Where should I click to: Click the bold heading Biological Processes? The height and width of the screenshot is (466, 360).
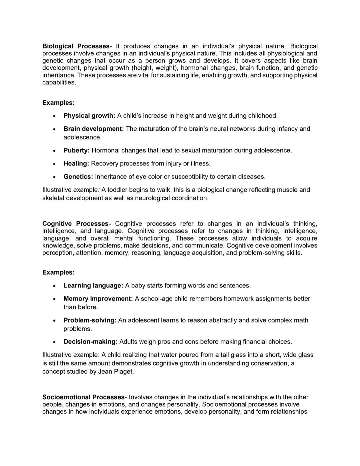click(76, 46)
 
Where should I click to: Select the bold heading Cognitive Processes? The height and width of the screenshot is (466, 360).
click(75, 223)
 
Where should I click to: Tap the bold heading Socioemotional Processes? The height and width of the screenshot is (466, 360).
click(83, 397)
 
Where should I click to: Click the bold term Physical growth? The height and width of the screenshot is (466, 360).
click(89, 116)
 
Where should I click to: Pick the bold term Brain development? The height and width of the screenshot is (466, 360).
click(93, 129)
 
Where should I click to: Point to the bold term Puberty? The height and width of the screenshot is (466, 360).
click(76, 150)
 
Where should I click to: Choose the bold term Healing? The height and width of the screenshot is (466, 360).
click(76, 163)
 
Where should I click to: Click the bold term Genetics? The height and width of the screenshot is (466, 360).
click(78, 176)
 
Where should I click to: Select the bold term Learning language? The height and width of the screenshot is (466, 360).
click(93, 286)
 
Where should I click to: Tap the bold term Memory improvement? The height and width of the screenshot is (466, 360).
click(98, 299)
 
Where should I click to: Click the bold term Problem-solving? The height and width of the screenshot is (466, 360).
click(90, 320)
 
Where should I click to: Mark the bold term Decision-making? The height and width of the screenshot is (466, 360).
click(90, 342)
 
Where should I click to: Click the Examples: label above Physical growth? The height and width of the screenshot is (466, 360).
click(58, 103)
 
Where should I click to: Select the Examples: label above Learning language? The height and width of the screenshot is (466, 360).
click(58, 272)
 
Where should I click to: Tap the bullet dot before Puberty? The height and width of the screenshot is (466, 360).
click(54, 151)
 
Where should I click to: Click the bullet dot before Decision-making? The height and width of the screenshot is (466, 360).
click(54, 342)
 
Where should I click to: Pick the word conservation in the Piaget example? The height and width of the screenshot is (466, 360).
click(269, 363)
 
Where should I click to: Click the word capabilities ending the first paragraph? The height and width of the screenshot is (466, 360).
click(59, 82)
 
